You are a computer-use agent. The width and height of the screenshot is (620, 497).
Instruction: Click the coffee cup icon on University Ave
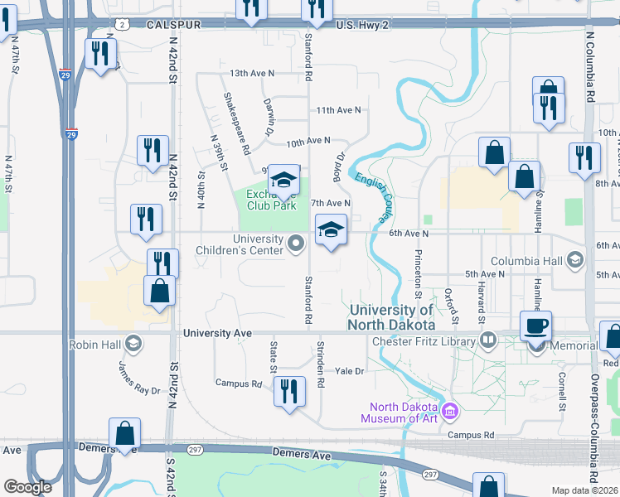[x=535, y=325]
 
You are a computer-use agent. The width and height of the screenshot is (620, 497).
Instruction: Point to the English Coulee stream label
[x=373, y=195]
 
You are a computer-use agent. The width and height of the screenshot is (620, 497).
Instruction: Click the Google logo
[x=28, y=487]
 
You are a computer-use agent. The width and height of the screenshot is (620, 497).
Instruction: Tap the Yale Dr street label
[x=349, y=371]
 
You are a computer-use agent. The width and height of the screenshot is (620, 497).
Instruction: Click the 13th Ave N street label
[x=252, y=74]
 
